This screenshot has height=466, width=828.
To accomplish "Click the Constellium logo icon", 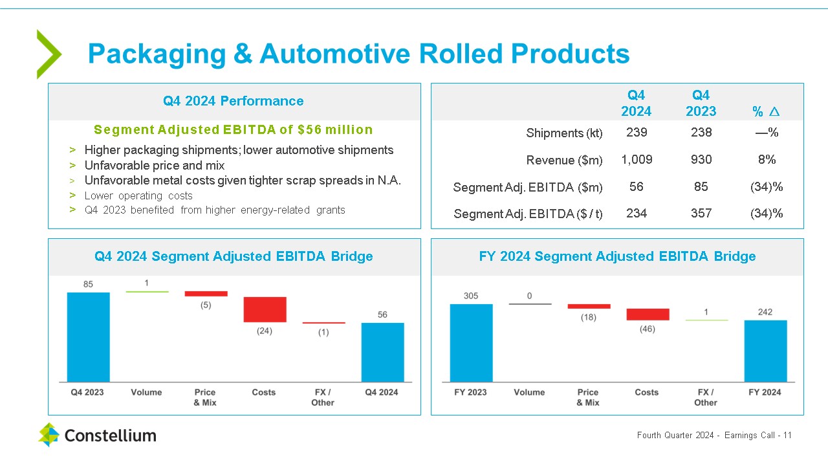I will click(x=49, y=434).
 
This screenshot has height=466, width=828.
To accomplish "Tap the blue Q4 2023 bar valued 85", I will click(x=89, y=337).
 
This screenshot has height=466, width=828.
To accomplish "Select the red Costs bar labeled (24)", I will click(x=265, y=309).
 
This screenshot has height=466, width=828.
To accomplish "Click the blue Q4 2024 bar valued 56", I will click(x=382, y=352).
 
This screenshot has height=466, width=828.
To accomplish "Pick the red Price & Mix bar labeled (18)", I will click(x=589, y=306).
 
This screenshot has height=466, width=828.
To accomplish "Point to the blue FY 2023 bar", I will click(x=471, y=342).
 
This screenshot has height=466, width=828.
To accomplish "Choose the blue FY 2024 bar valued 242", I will click(x=765, y=351).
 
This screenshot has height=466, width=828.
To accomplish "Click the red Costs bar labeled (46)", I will click(x=648, y=315).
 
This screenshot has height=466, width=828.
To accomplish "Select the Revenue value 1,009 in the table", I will click(x=637, y=159).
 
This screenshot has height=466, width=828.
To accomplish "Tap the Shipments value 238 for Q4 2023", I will click(x=701, y=132).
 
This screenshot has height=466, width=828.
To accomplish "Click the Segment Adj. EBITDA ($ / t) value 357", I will click(x=701, y=213).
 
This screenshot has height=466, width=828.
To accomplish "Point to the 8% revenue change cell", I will click(x=767, y=159).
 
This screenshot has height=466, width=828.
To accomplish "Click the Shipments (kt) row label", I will click(x=564, y=133).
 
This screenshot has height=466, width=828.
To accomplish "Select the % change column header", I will click(x=766, y=111).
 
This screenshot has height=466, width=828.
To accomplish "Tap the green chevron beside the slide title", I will click(x=49, y=54).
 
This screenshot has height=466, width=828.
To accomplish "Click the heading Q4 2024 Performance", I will click(x=234, y=101).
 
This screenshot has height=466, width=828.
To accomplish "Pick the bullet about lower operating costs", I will click(x=138, y=195).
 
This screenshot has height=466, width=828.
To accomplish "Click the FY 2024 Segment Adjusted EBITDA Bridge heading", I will click(x=617, y=256).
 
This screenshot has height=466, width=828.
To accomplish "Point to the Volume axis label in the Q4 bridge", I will click(x=146, y=392).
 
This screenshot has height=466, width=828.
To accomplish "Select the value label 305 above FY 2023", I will click(x=471, y=296).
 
